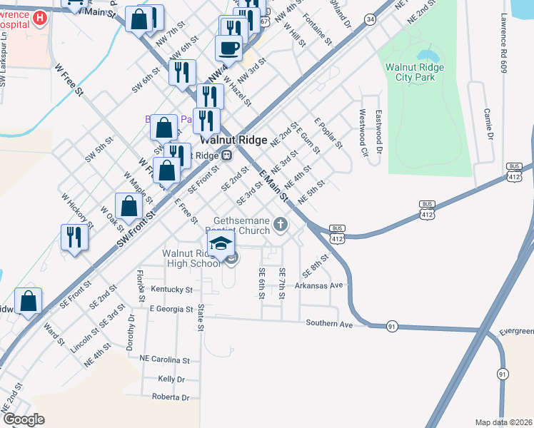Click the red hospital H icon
pos(40,17)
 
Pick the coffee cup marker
pos(229,48)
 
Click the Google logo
pos(23,420)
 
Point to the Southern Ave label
pos(330,324)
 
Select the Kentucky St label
pos(172,290)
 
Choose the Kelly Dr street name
pos(171,379)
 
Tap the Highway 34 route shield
pos(369,20)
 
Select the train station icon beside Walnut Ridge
pos(226,154)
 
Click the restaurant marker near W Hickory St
pos(75,237)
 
